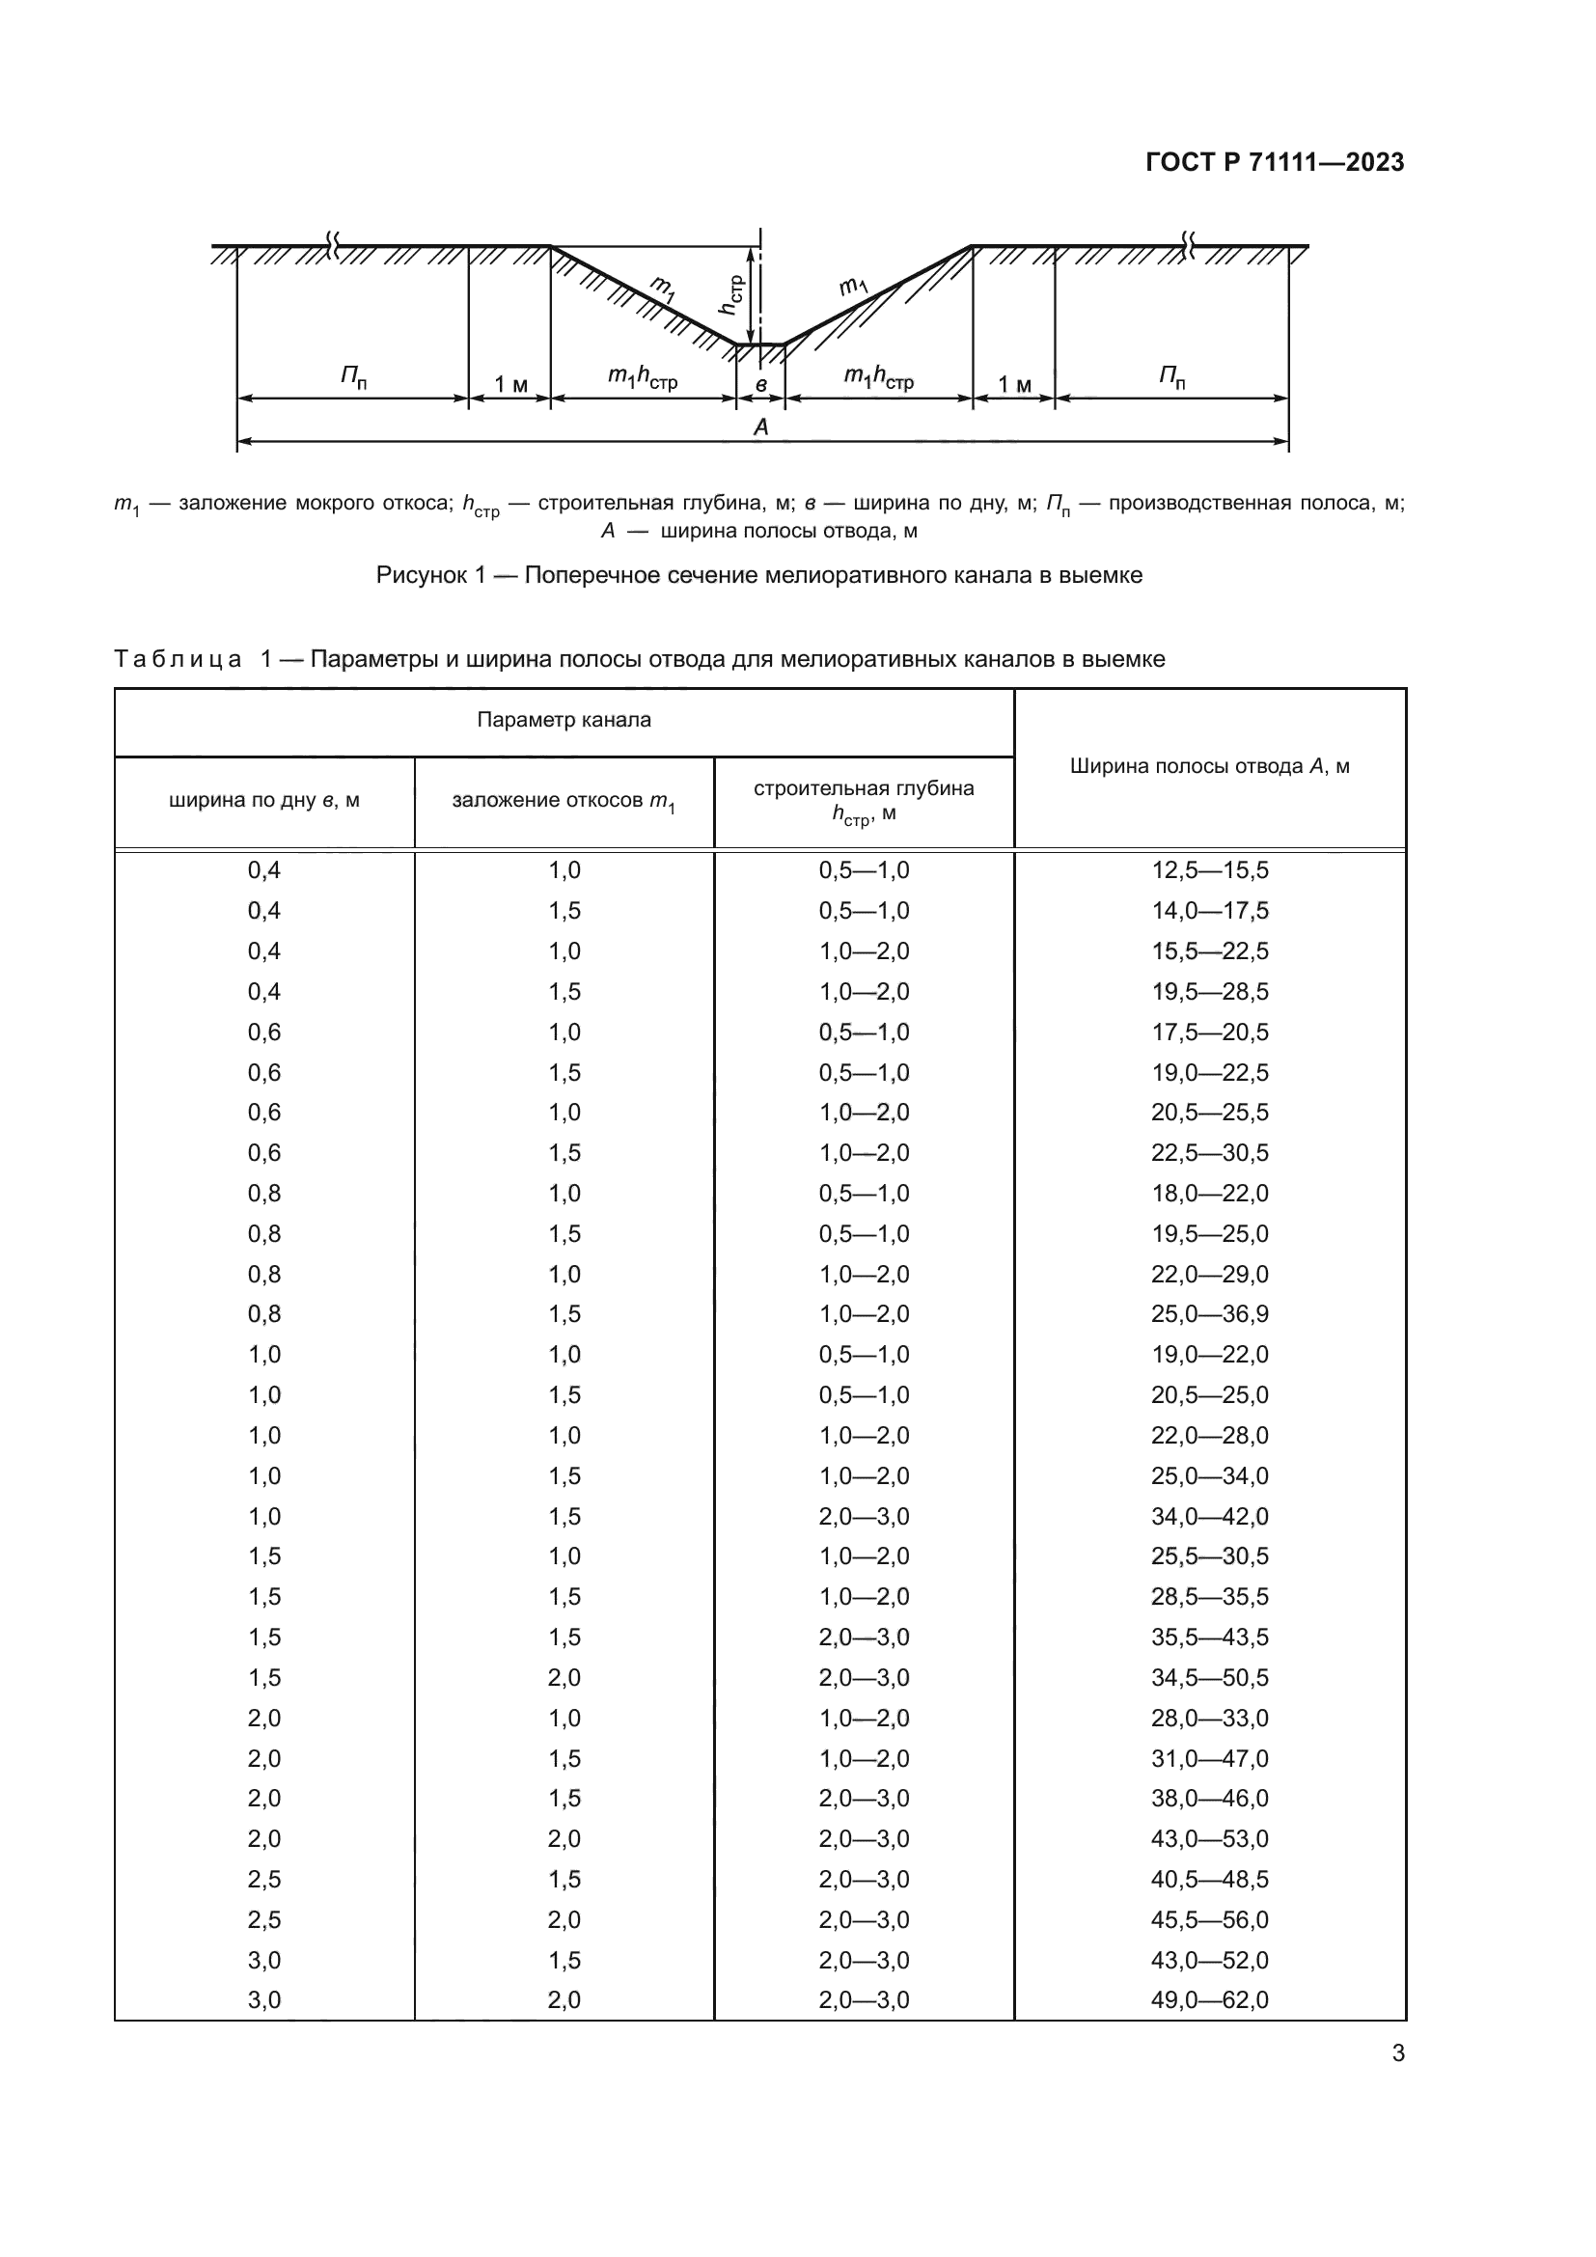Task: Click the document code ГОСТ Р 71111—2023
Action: coord(1275,163)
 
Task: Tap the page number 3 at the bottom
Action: coord(1397,2053)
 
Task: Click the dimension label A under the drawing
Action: coord(759,427)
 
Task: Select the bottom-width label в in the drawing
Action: coord(760,386)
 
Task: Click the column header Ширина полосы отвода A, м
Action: coord(1209,767)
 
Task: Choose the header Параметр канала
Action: coord(564,721)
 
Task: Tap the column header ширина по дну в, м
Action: coord(264,801)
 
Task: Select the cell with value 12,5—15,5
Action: coord(1210,871)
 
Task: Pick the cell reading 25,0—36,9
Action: coord(1210,1314)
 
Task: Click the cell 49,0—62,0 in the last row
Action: coord(1210,2000)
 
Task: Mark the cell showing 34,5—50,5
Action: coord(1210,1678)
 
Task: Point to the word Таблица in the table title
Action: coord(178,660)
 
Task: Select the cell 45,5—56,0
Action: coord(1210,1920)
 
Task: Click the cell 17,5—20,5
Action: coord(1210,1032)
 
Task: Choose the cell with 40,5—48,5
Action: coord(1210,1880)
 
